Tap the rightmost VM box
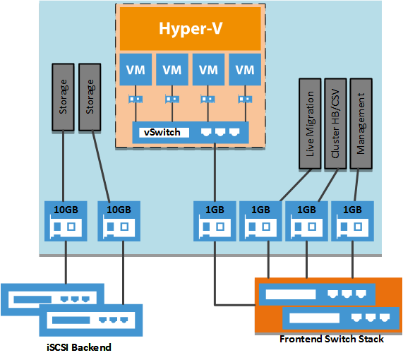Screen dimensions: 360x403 coord(245,70)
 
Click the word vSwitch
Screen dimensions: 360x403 coord(162,132)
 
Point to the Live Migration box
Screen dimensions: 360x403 coord(308,123)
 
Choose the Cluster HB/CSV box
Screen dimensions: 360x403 coord(335,123)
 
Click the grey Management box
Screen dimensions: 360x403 coord(361,123)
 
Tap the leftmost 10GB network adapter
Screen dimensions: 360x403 coord(65,220)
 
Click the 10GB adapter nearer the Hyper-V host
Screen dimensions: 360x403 coord(118,220)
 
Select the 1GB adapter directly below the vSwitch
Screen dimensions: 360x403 coord(213,220)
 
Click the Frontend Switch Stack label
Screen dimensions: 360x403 coord(331,340)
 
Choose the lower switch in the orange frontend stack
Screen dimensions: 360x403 coord(336,316)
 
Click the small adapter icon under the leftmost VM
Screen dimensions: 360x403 coord(135,100)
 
